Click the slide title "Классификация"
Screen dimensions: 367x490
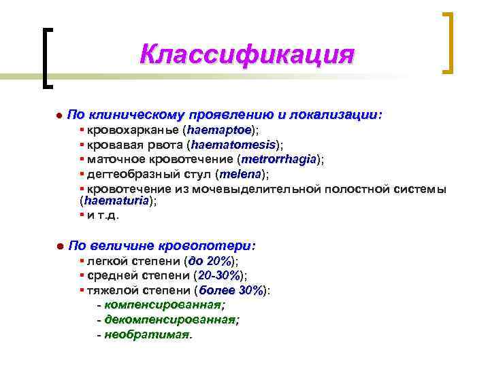pyautogui.click(x=246, y=55)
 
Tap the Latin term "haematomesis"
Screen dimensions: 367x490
pyautogui.click(x=233, y=145)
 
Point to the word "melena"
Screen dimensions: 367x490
pyautogui.click(x=238, y=175)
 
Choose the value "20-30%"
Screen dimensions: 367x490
pyautogui.click(x=218, y=276)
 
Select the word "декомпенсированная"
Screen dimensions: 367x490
pyautogui.click(x=170, y=319)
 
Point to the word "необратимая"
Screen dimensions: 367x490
pyautogui.click(x=148, y=334)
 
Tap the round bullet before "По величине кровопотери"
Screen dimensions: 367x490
pyautogui.click(x=59, y=245)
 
